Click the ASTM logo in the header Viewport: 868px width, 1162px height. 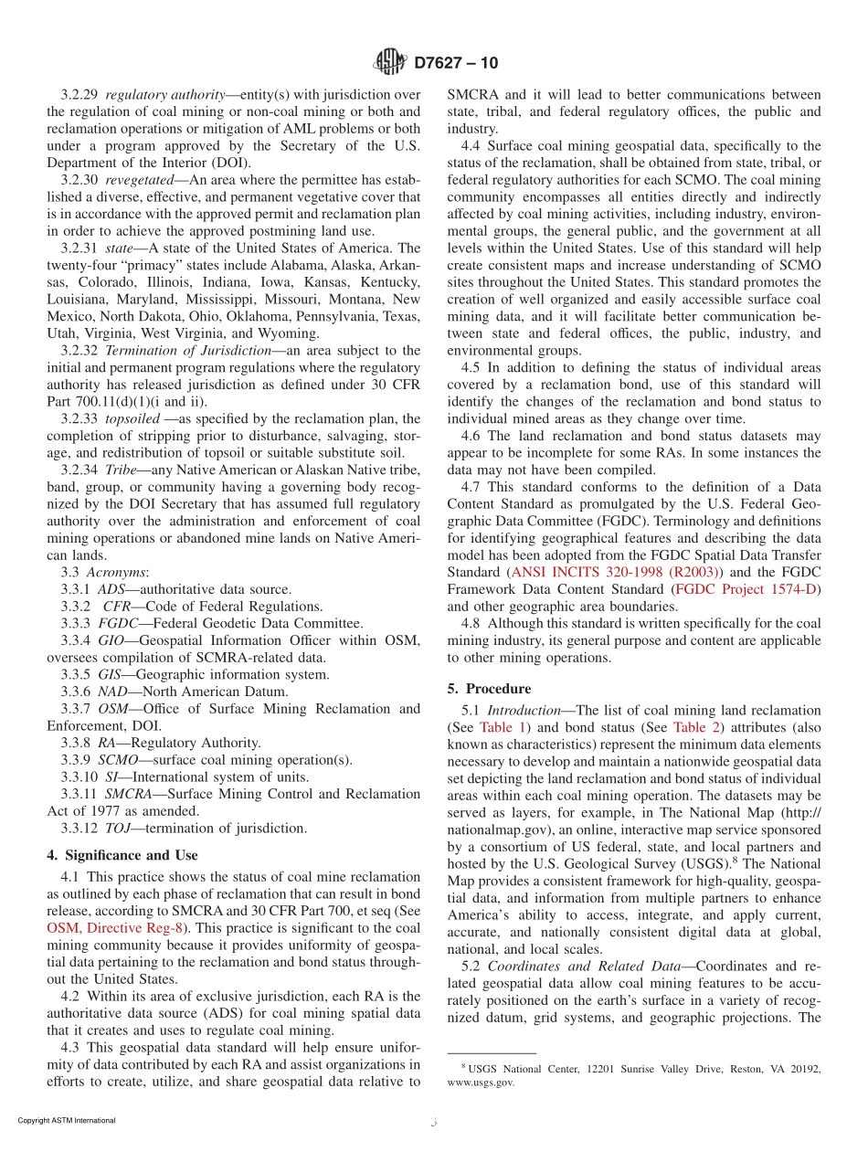pyautogui.click(x=390, y=63)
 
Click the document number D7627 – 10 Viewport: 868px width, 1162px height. pyautogui.click(x=456, y=64)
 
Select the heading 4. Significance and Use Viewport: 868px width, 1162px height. pyautogui.click(x=122, y=855)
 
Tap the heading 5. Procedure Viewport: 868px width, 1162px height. pyautogui.click(x=498, y=688)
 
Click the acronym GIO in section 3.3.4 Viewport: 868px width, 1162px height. pyautogui.click(x=111, y=640)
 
